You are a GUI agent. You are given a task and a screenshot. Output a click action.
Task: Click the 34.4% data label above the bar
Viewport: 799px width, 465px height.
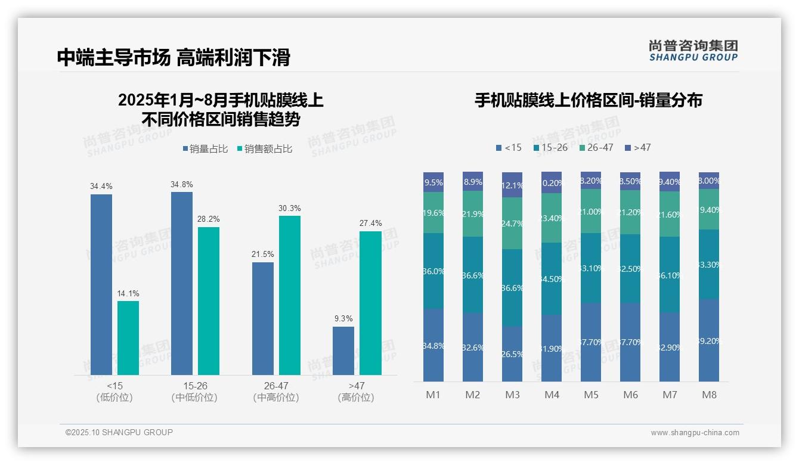[101, 187]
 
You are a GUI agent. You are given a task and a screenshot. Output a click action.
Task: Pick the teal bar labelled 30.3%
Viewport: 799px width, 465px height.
[290, 295]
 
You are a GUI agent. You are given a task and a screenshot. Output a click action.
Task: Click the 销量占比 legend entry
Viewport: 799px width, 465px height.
[205, 149]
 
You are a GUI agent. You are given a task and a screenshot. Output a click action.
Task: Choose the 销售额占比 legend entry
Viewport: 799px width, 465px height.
[265, 149]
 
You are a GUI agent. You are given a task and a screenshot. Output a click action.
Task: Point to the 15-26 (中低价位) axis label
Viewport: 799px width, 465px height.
[194, 392]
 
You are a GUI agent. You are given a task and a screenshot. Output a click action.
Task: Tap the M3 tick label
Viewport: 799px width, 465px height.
[512, 395]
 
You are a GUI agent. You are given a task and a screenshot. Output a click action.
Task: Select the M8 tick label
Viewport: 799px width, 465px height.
[709, 395]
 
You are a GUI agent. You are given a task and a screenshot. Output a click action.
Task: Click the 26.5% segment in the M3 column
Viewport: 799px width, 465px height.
[512, 354]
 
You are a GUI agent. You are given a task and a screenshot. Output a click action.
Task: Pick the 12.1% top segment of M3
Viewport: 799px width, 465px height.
[512, 185]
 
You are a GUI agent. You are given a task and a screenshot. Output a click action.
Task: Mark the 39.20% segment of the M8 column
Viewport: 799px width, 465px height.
[709, 340]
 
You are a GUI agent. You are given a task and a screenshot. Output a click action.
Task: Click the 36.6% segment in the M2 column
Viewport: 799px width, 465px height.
[473, 275]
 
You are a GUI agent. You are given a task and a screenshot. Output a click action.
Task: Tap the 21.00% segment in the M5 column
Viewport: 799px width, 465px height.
[591, 211]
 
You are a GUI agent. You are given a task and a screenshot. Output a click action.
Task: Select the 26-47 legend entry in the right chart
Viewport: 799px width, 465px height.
[596, 147]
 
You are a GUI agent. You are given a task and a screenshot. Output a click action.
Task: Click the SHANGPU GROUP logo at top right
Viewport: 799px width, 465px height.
[693, 51]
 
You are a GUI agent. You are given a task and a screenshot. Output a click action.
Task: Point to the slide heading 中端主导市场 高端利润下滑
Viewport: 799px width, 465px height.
[174, 57]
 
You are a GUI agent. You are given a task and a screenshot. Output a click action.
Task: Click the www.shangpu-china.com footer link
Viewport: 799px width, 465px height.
[695, 433]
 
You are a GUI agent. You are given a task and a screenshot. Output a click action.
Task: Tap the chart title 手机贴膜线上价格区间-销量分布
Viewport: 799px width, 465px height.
[588, 100]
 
